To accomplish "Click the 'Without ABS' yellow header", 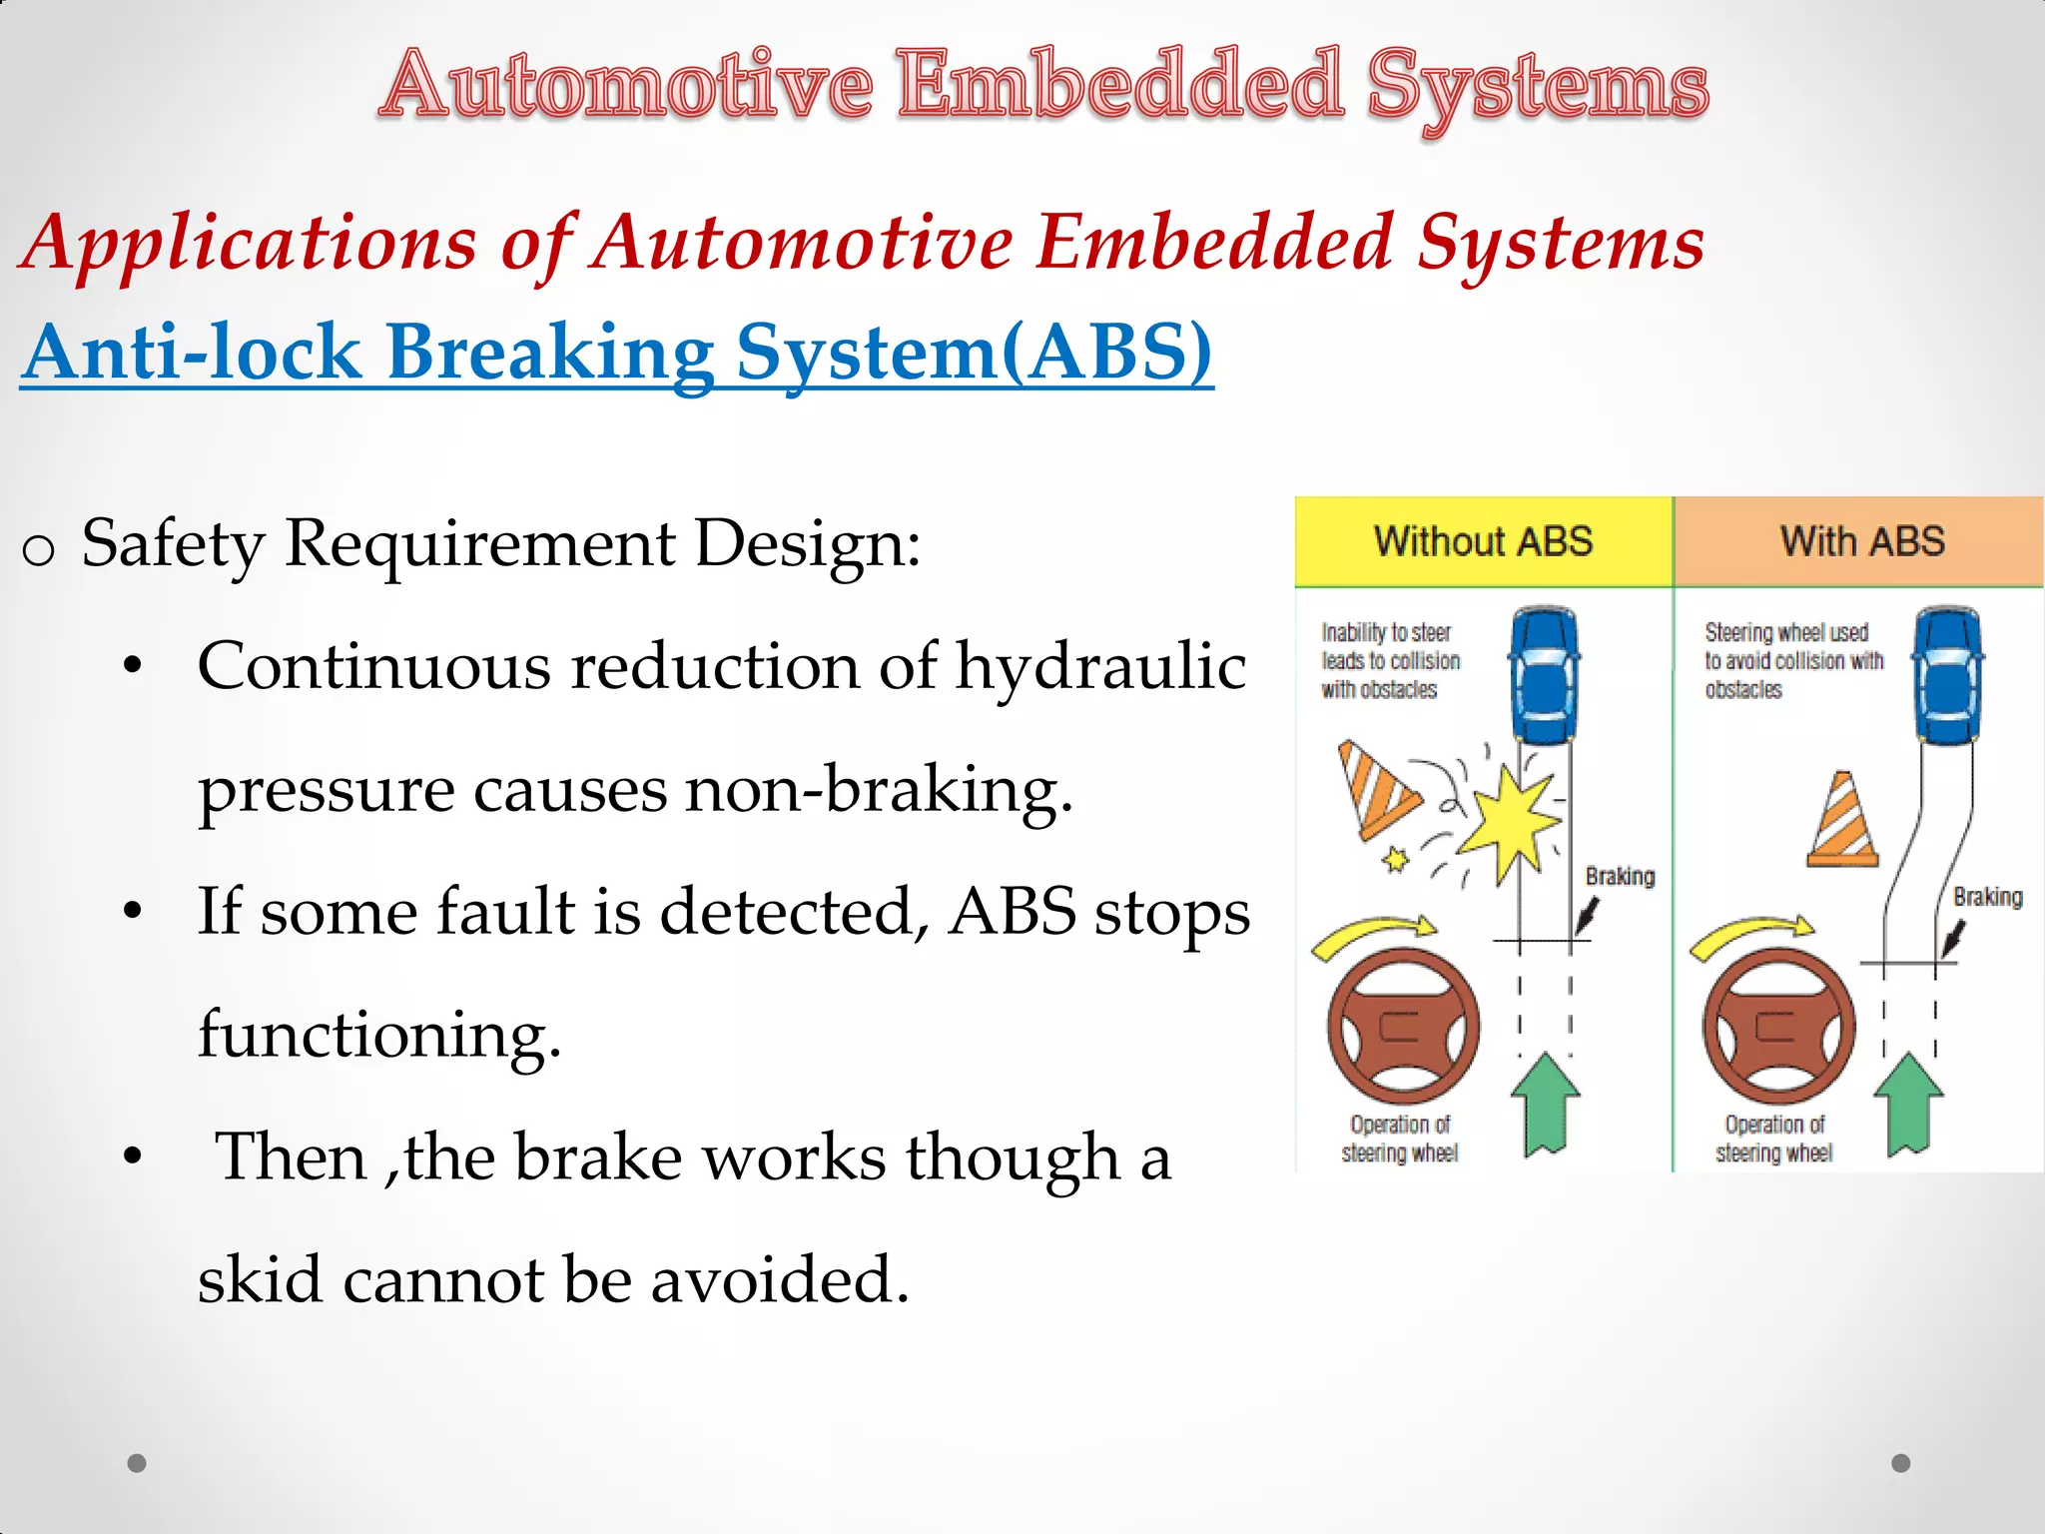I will [1483, 541].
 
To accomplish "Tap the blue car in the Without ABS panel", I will [1545, 675].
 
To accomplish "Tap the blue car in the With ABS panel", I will [1947, 675].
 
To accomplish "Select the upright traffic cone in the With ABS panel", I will [1843, 821].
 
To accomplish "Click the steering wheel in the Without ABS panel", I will [1403, 1027].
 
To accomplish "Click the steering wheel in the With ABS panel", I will [1778, 1027].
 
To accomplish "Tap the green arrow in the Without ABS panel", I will [1545, 1104].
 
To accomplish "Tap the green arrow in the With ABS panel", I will [1908, 1104].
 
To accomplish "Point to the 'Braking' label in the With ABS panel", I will [1987, 897].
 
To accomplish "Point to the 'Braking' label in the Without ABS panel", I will [1620, 876].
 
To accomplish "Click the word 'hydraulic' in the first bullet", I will [1100, 666].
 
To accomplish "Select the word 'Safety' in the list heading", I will [173, 544].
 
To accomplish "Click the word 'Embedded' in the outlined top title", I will [1119, 85].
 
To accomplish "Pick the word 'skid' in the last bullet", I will [260, 1279].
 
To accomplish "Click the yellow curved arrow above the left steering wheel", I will [1373, 933].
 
